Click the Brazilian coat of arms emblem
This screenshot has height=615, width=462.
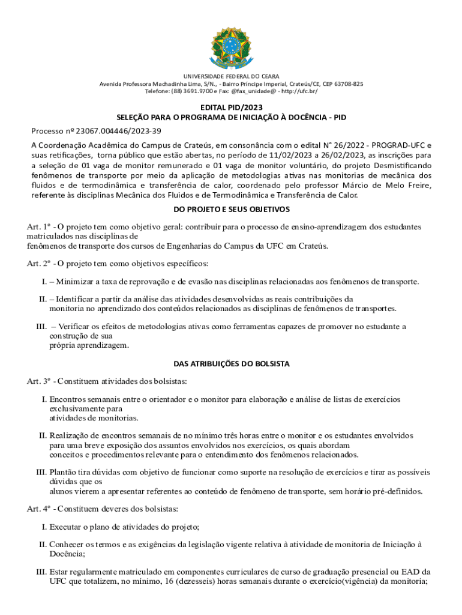(x=231, y=44)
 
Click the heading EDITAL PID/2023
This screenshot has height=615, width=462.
(x=231, y=107)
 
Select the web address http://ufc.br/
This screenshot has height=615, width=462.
(x=296, y=91)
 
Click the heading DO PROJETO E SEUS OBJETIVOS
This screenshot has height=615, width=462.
(x=231, y=209)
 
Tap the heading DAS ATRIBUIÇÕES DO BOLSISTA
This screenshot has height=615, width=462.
(x=231, y=364)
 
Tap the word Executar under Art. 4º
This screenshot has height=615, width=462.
(x=67, y=527)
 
